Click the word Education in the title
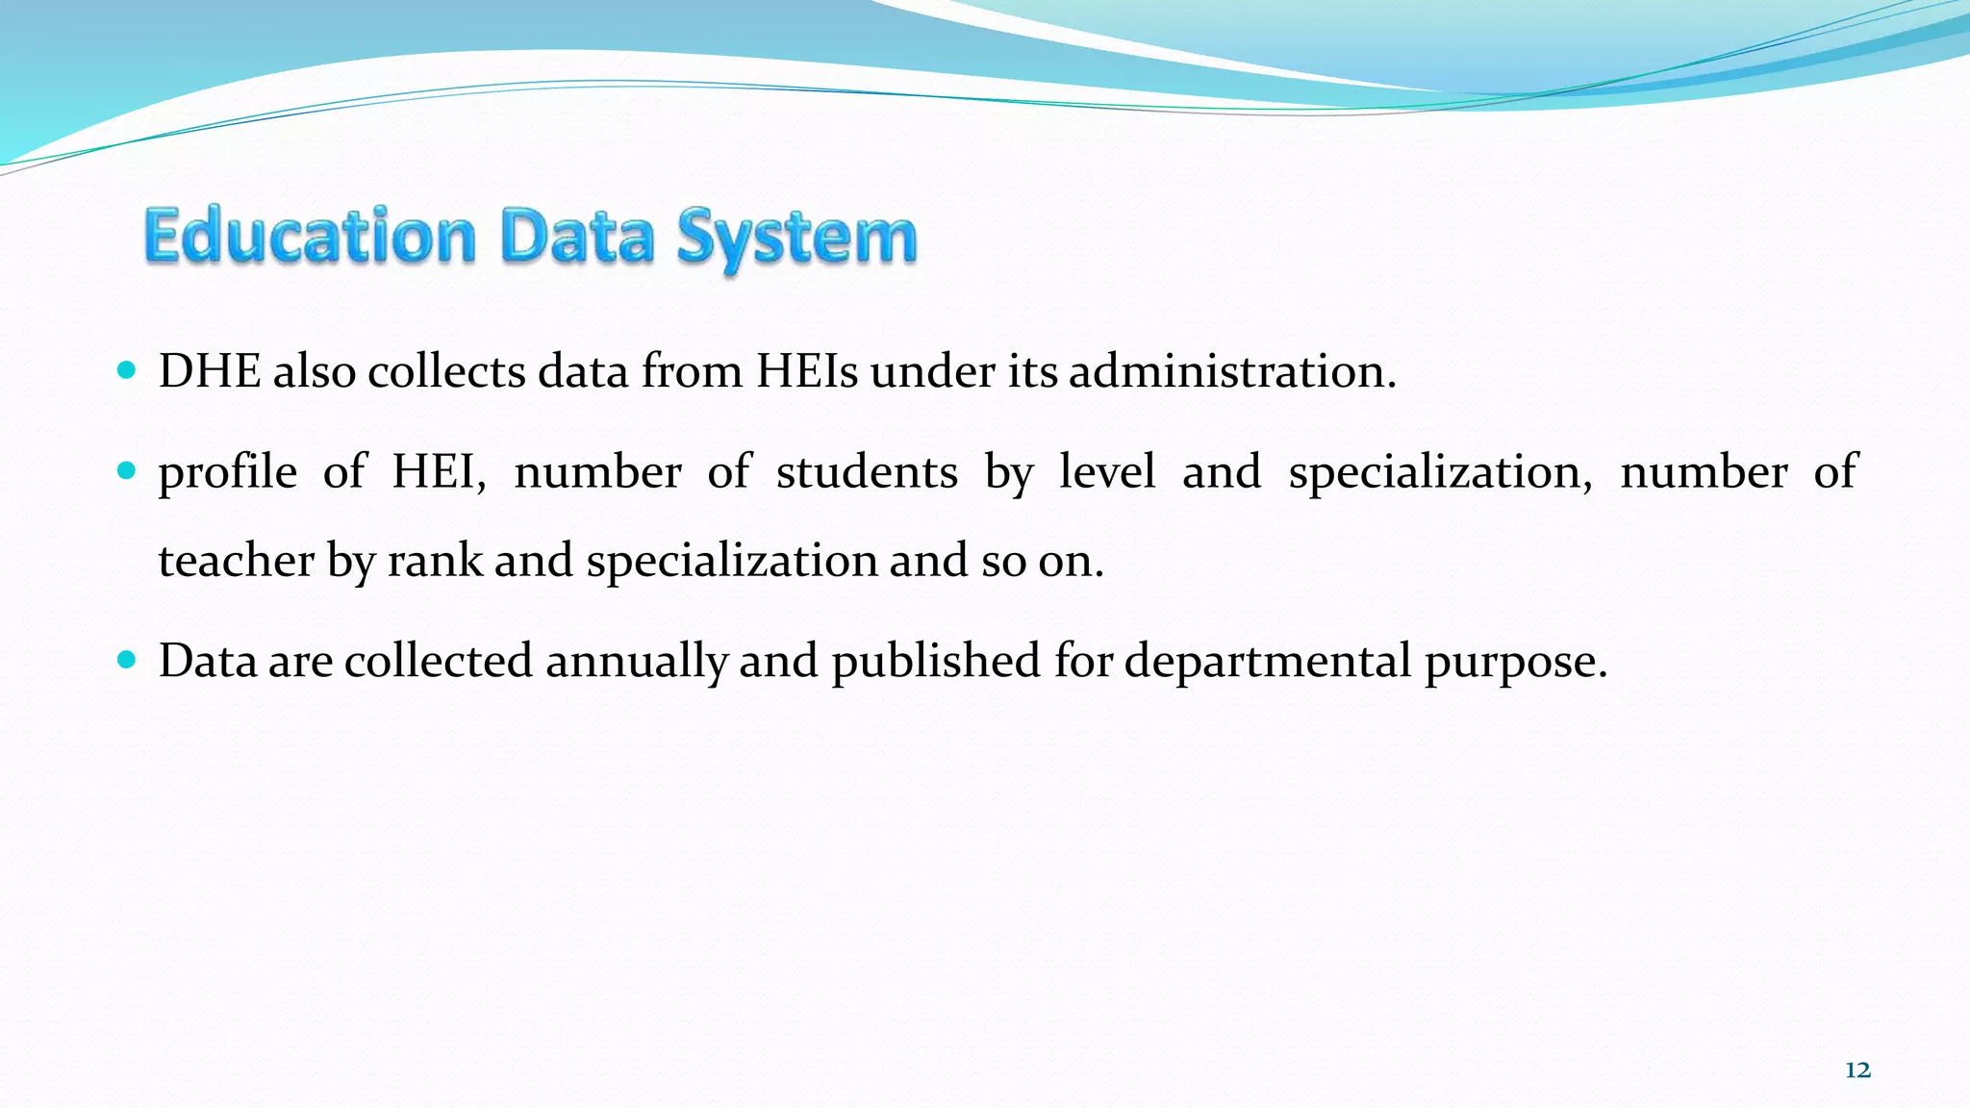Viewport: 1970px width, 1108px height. coord(310,237)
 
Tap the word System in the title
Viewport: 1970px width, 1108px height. coord(796,239)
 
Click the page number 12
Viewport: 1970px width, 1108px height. coord(1857,1070)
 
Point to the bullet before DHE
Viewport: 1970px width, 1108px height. coord(126,370)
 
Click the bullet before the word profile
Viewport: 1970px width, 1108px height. coord(126,470)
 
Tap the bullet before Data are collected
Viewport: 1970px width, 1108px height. coord(126,660)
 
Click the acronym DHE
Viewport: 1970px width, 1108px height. coord(210,371)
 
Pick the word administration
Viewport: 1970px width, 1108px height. coord(1231,371)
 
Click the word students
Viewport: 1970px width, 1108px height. coord(867,471)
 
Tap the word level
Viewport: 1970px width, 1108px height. coord(1107,471)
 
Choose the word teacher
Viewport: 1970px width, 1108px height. coord(236,560)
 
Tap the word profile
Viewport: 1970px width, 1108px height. coord(228,471)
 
